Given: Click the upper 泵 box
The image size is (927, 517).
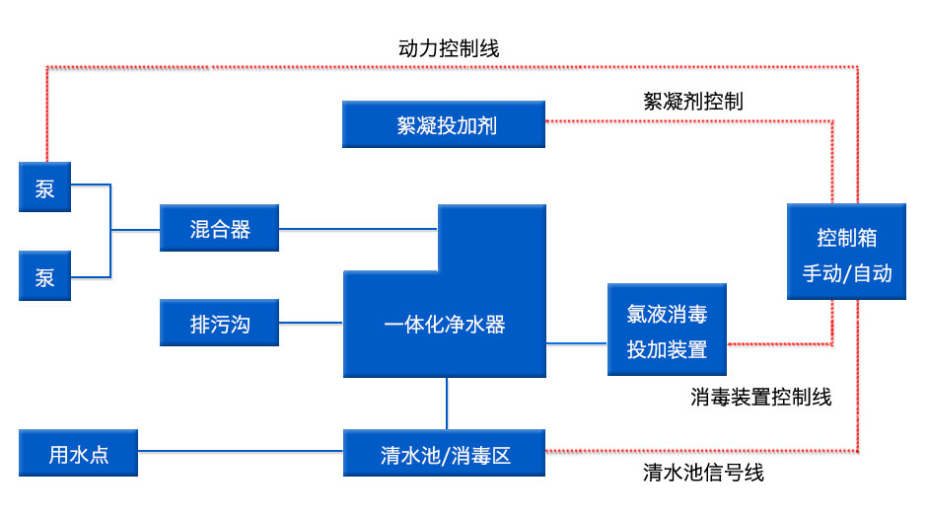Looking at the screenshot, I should click(45, 187).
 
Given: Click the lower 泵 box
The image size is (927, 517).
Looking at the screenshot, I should click(45, 275).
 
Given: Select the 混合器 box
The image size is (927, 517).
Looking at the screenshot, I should click(220, 229).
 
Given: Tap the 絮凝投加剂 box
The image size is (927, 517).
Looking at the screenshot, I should click(444, 124).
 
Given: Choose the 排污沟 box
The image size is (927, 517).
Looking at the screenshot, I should click(220, 323).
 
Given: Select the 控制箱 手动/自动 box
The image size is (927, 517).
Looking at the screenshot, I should click(846, 252).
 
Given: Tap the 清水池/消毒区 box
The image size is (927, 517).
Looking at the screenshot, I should click(444, 454).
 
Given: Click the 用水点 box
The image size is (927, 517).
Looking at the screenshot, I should click(78, 454).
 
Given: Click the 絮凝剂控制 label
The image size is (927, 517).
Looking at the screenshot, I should click(693, 101).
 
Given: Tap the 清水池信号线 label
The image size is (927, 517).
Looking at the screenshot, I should click(702, 473).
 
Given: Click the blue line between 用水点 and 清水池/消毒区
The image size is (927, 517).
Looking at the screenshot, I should click(240, 452).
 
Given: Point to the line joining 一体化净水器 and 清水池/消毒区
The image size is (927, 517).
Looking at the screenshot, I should click(447, 404).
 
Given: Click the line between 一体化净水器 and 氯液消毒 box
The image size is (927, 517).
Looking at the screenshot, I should click(577, 343).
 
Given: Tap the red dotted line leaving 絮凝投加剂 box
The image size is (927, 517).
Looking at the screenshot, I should click(690, 120).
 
